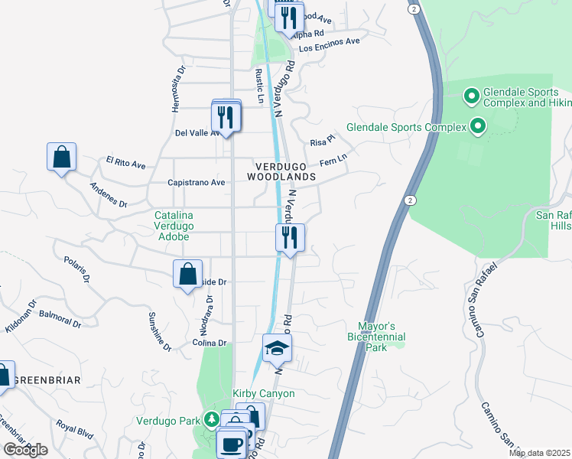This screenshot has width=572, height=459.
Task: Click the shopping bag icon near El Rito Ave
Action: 61,158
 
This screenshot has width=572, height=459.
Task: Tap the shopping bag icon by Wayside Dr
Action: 187,275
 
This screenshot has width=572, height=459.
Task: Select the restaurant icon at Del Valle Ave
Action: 226,116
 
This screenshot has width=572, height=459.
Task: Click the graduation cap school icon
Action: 277,350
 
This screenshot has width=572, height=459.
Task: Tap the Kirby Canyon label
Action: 263,393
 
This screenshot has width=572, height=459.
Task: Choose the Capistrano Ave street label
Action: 197,183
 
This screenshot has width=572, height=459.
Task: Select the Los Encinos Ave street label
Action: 329,47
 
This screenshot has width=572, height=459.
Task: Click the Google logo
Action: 24,450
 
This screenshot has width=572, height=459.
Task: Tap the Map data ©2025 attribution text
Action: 539,453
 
